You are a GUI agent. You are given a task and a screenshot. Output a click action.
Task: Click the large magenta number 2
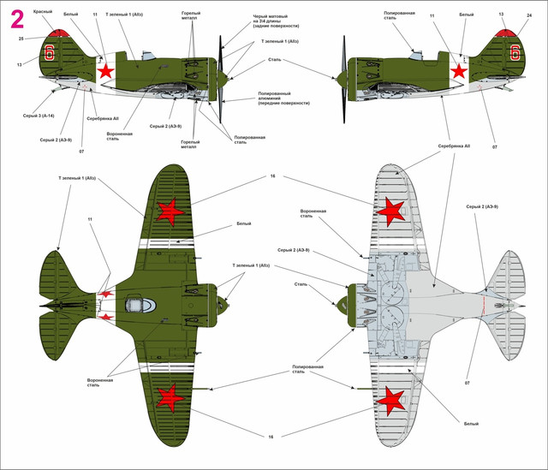point(15,18)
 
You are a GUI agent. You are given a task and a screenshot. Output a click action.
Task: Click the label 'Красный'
point(43,12)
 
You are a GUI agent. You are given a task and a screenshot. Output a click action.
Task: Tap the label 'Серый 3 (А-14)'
point(40,115)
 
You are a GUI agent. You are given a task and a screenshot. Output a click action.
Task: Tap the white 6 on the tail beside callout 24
point(515,52)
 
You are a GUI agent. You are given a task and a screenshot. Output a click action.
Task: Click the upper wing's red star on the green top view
point(169,211)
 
